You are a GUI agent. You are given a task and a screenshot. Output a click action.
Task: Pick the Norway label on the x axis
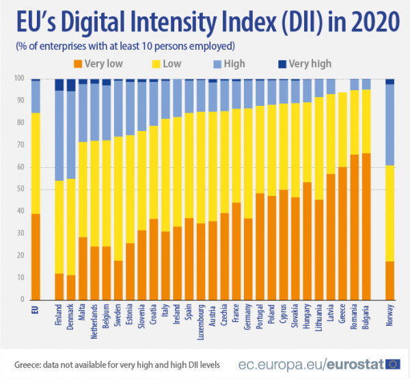click(389, 316)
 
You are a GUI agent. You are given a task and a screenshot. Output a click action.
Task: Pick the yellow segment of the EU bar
click(36, 163)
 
